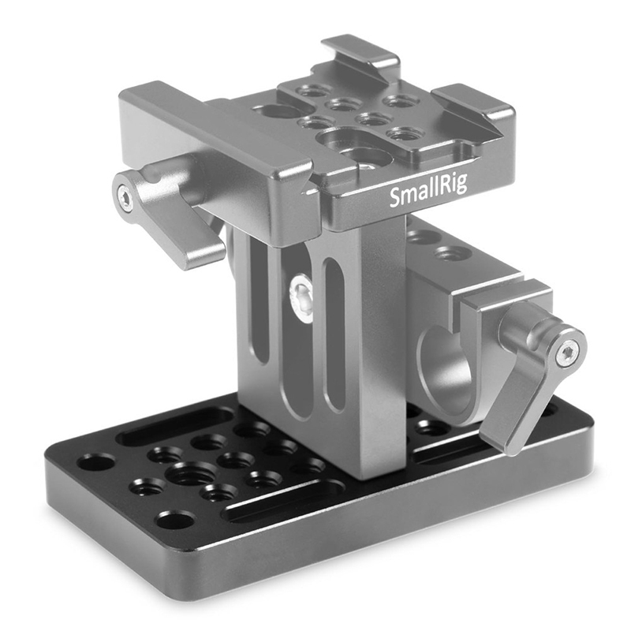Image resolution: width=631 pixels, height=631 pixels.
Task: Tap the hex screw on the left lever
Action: click(125, 198)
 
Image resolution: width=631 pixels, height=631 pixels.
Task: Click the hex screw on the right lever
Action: click(566, 354)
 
